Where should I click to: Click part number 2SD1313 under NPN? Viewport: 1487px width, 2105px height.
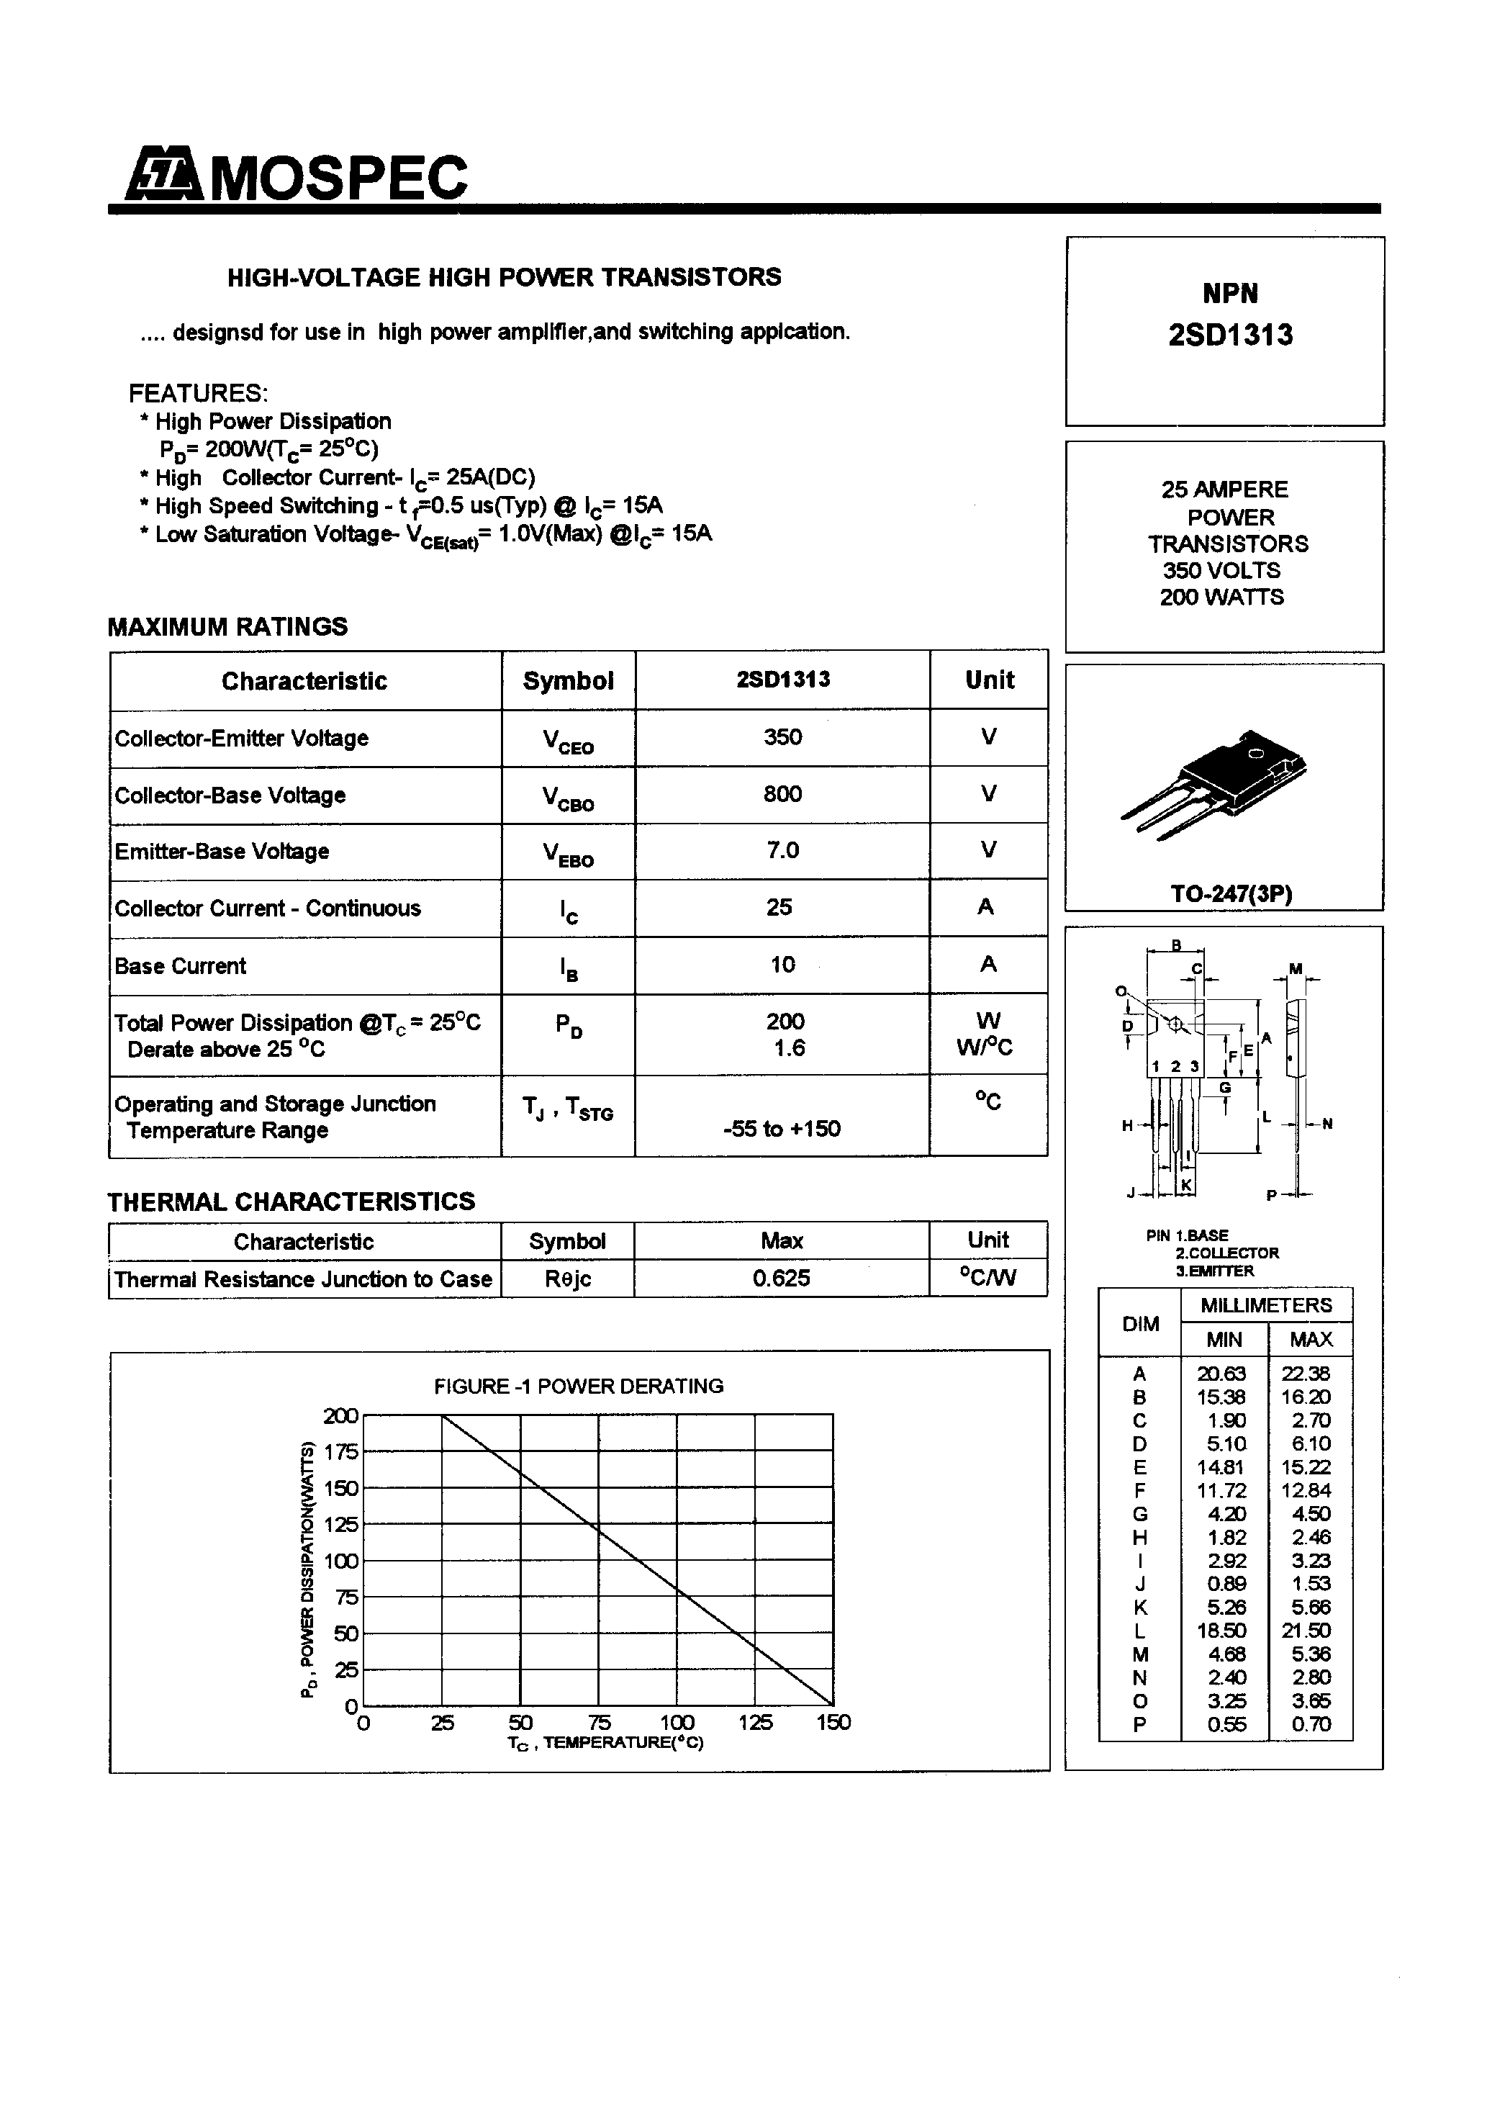1230,335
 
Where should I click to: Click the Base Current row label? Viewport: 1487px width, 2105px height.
181,966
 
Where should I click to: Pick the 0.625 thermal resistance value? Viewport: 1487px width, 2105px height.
781,1278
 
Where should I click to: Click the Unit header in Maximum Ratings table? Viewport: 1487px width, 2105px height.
988,680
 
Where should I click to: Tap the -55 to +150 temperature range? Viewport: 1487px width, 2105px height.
781,1129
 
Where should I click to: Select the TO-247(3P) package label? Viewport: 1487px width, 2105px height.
1230,894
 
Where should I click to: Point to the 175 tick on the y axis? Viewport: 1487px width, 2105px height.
341,1452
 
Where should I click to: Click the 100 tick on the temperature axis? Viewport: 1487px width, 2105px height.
677,1723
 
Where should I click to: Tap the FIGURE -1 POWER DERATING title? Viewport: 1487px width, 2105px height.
579,1387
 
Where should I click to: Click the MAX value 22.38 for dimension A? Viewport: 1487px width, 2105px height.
1310,1374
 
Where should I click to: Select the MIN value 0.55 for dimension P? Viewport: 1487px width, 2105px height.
1226,1724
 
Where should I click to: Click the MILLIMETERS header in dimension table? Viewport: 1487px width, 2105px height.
1265,1304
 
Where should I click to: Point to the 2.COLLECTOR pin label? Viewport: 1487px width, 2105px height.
1226,1253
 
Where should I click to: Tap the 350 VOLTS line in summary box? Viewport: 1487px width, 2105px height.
1221,570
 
